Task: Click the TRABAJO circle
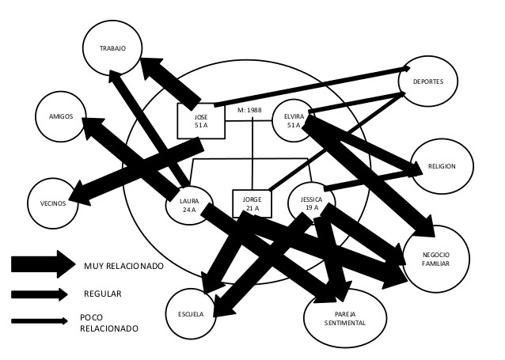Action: [x=112, y=48]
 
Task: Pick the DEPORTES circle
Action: [x=433, y=81]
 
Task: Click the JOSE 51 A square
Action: [x=200, y=120]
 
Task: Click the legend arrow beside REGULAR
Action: [x=41, y=294]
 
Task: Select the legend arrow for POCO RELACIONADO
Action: [x=40, y=320]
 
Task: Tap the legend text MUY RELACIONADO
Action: [x=123, y=266]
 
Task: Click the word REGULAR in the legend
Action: [x=102, y=294]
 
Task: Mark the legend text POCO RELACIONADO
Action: [x=109, y=322]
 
